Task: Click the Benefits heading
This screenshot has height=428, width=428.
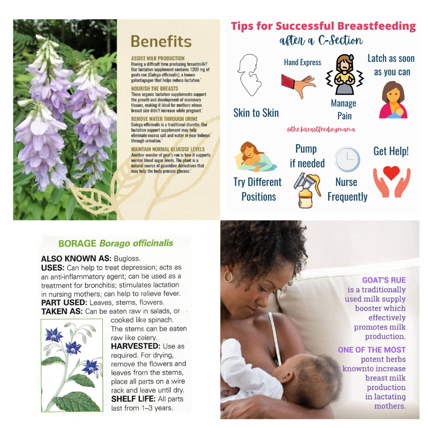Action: click(161, 42)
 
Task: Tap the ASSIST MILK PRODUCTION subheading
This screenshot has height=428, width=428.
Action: click(158, 58)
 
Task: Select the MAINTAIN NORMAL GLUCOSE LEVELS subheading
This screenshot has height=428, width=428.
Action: click(168, 149)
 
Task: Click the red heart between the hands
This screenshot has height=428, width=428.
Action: click(391, 173)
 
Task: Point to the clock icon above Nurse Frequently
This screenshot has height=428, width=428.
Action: click(347, 159)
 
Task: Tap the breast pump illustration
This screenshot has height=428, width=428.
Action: click(307, 190)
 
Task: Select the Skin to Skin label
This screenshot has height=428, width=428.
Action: click(256, 113)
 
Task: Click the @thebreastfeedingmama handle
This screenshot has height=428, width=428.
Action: click(321, 129)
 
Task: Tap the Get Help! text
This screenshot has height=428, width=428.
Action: click(391, 151)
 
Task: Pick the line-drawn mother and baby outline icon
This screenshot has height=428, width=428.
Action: click(249, 75)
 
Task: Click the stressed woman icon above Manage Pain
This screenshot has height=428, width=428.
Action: click(345, 74)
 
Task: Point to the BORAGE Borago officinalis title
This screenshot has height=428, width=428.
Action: click(116, 243)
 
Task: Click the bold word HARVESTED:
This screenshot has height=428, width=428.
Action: click(136, 346)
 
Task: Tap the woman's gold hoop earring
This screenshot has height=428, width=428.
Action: click(228, 276)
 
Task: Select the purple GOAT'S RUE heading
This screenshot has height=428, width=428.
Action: click(384, 280)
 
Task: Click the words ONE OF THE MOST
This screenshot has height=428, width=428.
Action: click(372, 350)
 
